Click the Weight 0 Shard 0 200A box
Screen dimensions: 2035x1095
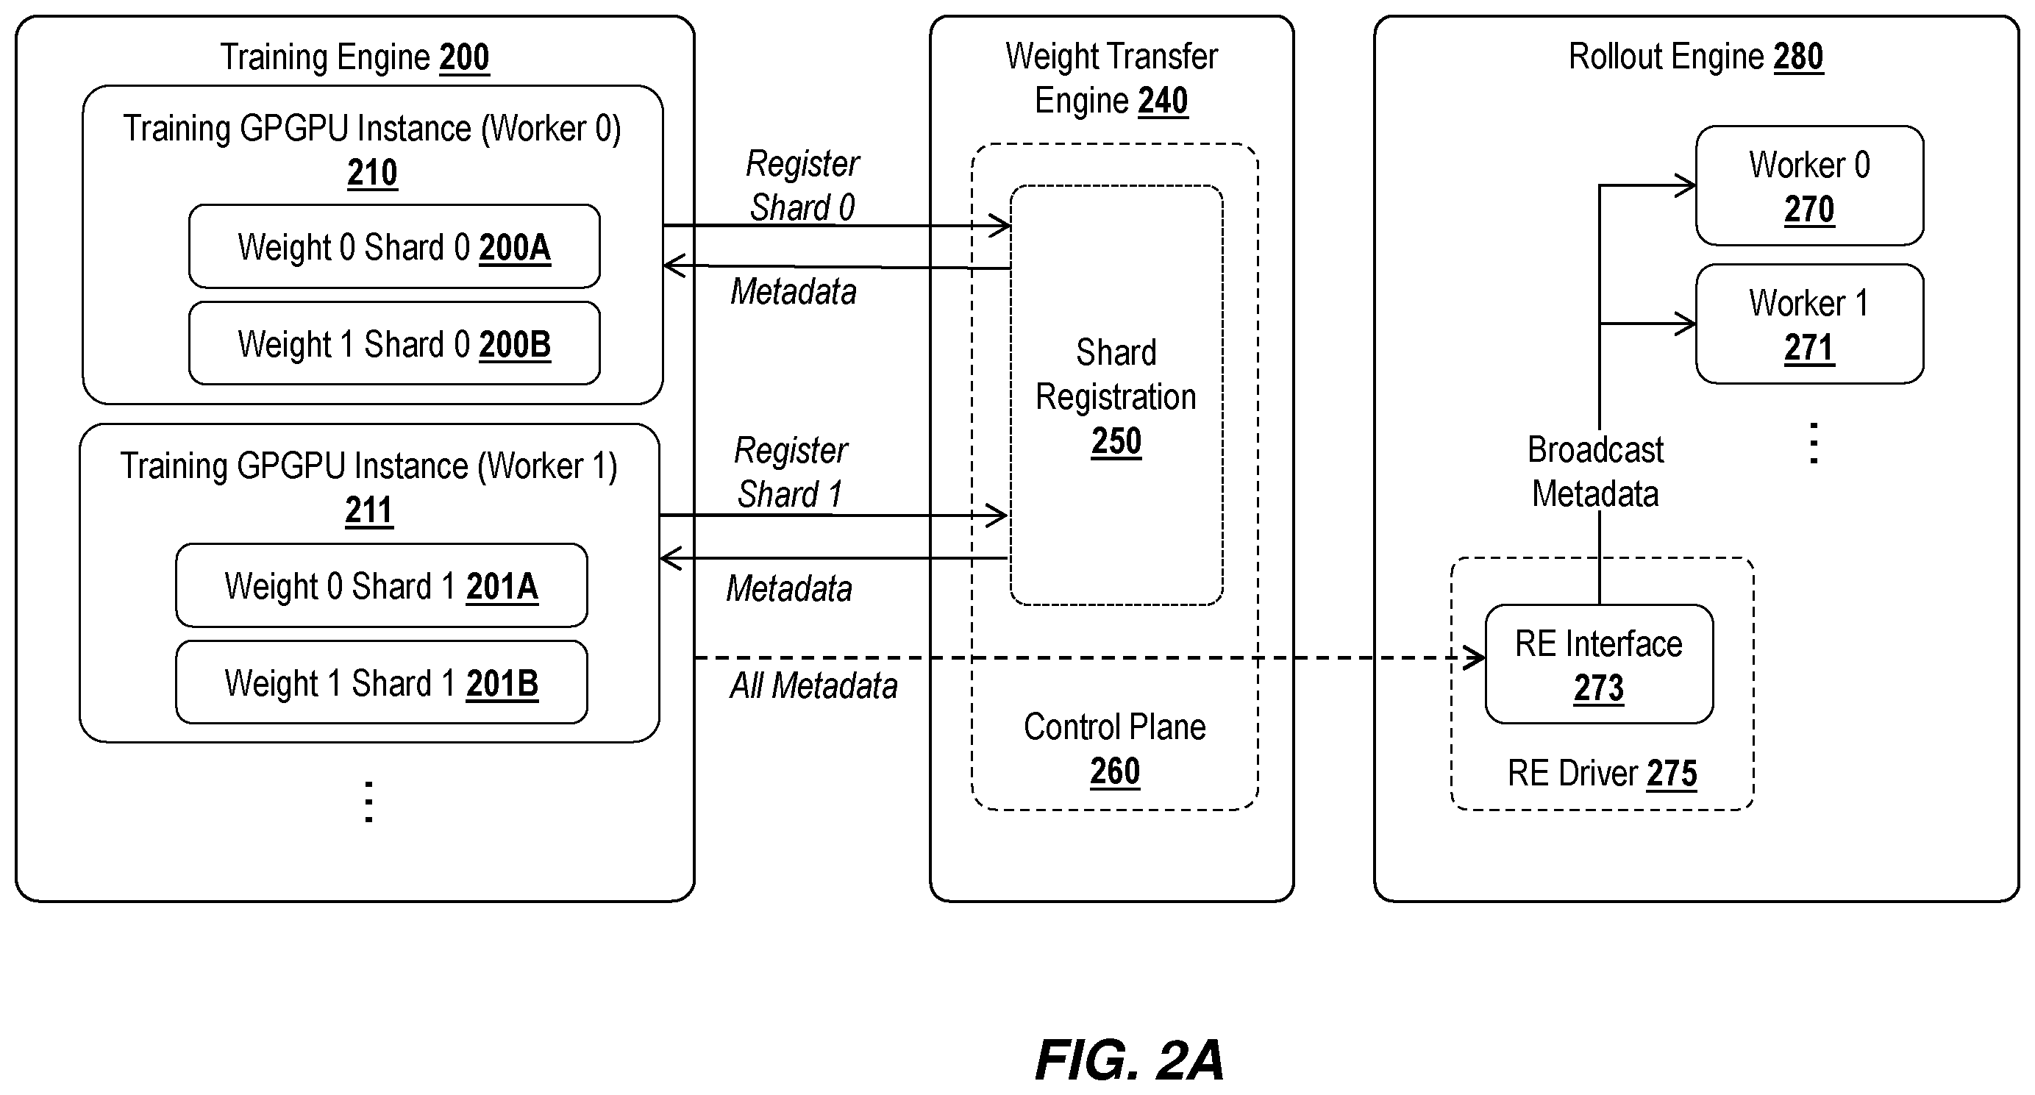(x=394, y=246)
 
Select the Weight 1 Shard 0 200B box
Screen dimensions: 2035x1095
(x=394, y=343)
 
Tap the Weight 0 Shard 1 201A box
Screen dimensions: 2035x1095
(x=382, y=585)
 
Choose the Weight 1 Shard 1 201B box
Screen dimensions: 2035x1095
(x=382, y=682)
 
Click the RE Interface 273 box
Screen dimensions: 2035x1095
(x=1599, y=664)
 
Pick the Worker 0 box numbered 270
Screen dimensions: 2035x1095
(x=1809, y=185)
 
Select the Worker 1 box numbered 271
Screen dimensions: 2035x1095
(x=1809, y=324)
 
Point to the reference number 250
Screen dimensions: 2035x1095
(x=1116, y=441)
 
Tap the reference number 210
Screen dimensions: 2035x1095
(x=372, y=173)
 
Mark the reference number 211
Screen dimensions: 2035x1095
(x=369, y=510)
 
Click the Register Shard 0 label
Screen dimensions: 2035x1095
(x=802, y=185)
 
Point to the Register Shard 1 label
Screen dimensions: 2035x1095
(x=790, y=472)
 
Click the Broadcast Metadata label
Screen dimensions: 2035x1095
(x=1595, y=471)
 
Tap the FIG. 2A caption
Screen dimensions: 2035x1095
(x=1130, y=1060)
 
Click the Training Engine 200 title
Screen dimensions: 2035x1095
(x=354, y=57)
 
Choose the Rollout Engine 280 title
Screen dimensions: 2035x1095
(x=1696, y=57)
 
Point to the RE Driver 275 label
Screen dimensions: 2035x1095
(x=1602, y=774)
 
